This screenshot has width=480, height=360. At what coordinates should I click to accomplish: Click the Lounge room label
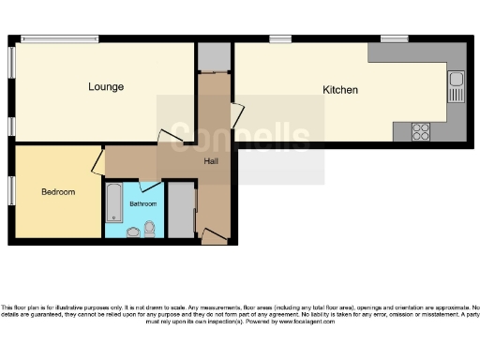(106, 87)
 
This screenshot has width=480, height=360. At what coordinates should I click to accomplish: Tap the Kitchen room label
(340, 90)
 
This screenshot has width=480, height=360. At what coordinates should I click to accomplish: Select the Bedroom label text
(57, 192)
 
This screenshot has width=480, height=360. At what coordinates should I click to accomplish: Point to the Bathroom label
(142, 203)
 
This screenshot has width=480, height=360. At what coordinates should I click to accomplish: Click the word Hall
(212, 161)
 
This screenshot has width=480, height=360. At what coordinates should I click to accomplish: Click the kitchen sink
(456, 88)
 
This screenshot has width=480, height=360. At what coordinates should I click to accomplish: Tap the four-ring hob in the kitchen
(420, 131)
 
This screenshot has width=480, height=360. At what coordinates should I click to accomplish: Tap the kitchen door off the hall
(237, 117)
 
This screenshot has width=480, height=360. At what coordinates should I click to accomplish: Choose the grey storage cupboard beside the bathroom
(180, 212)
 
